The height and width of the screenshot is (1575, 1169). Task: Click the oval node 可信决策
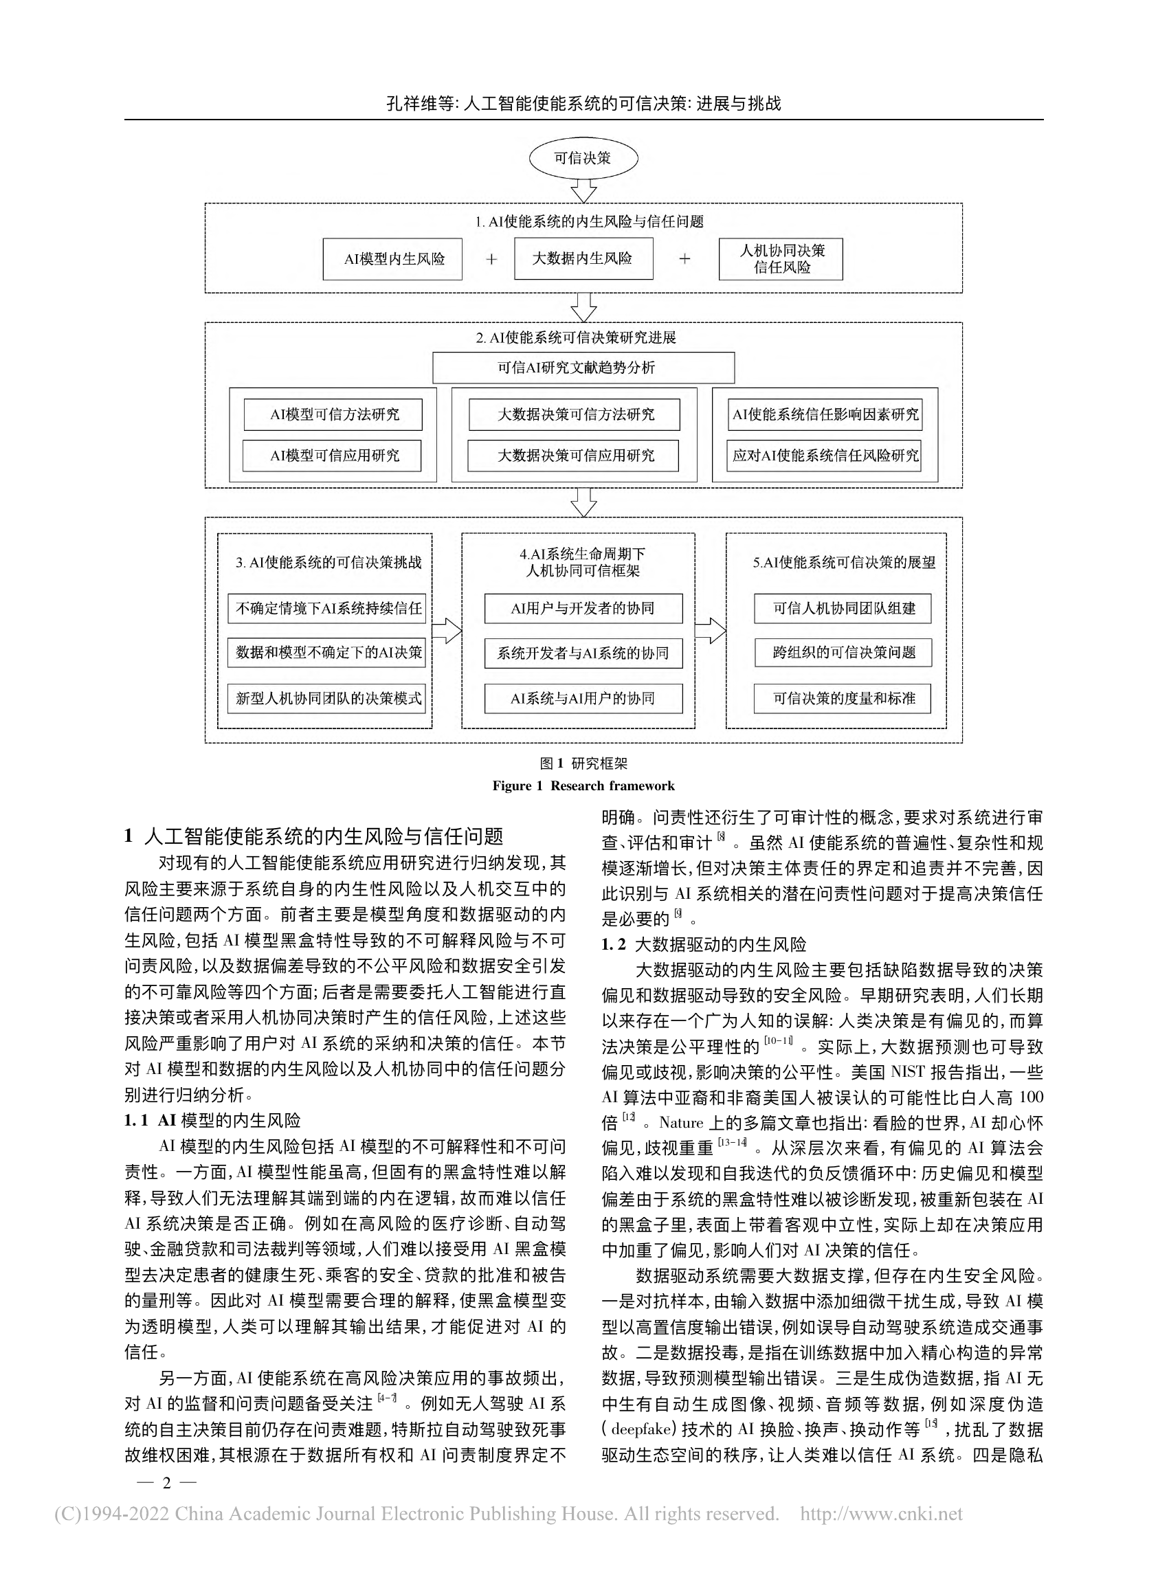tap(583, 158)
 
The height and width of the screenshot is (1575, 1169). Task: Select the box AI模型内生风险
tap(392, 259)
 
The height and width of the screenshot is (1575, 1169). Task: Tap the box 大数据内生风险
tap(583, 258)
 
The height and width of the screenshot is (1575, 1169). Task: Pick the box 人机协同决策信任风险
tap(781, 259)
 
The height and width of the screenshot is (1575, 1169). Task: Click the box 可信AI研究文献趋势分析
tap(583, 368)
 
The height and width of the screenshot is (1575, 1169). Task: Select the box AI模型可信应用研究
tap(332, 456)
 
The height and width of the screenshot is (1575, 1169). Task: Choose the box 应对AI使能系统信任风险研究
tap(825, 456)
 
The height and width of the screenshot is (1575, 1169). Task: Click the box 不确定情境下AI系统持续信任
tap(327, 608)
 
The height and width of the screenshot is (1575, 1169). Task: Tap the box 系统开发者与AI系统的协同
tap(583, 653)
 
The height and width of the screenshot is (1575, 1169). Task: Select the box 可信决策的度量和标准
tap(842, 698)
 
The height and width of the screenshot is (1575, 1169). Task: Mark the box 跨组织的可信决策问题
tap(842, 652)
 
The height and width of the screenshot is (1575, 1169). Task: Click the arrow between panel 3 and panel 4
tap(447, 630)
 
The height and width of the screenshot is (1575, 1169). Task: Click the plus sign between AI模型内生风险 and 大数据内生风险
tap(491, 259)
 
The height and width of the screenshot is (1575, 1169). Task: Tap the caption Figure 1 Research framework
tap(583, 785)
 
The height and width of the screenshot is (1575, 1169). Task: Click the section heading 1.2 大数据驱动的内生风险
tap(704, 945)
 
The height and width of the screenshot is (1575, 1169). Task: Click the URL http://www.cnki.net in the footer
tap(881, 1514)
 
